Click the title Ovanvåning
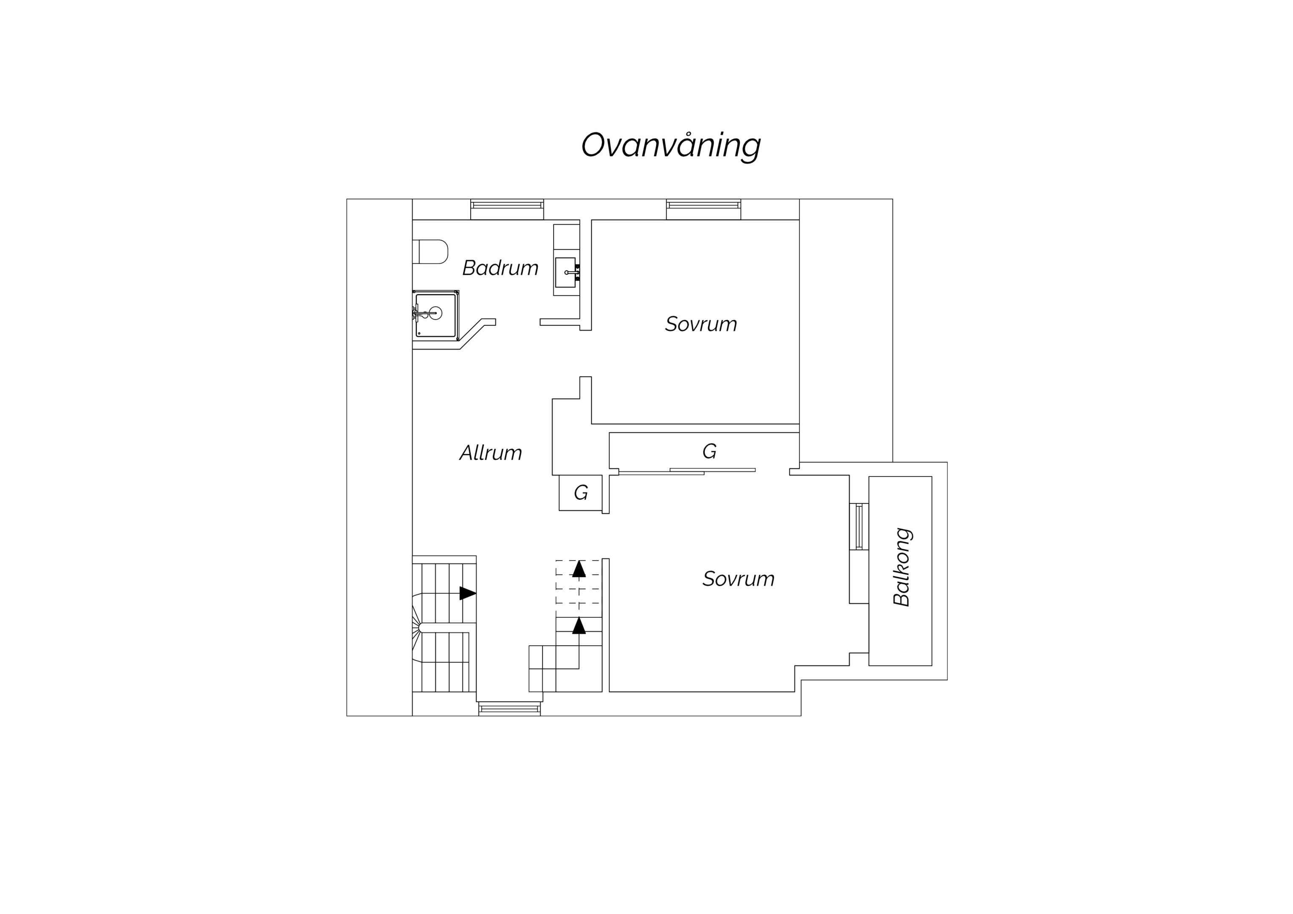coord(671,146)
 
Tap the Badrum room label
coord(500,268)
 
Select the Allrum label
coord(491,453)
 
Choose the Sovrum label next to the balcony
coord(738,579)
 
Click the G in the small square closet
coord(581,493)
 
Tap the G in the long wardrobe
coord(709,451)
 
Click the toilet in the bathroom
coord(430,252)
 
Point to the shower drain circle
coord(436,313)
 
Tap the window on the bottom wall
coord(510,709)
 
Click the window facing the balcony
coord(859,526)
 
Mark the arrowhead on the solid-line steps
coord(579,626)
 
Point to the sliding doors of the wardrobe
coord(687,471)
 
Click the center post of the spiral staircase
coord(422,628)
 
